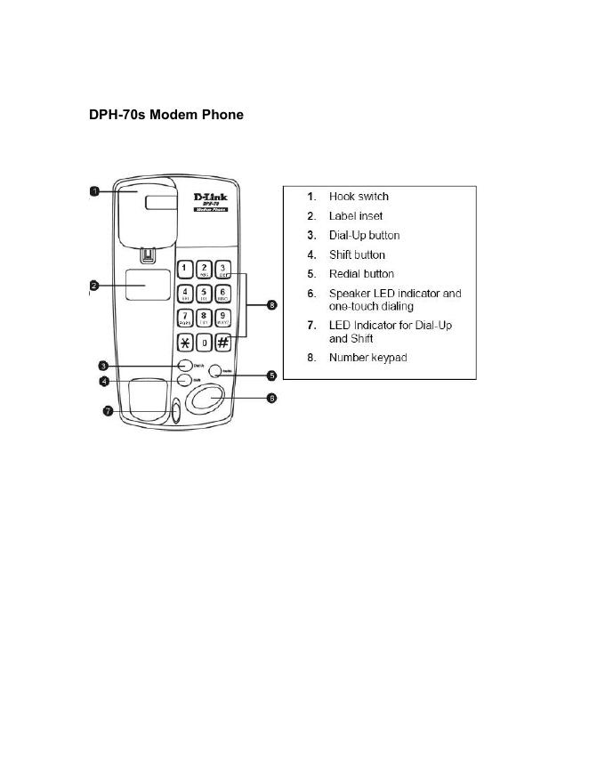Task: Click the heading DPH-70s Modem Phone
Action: tap(165, 115)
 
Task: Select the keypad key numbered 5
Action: tap(204, 294)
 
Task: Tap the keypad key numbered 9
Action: tap(223, 318)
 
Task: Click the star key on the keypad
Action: tap(185, 342)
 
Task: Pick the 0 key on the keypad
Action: tap(204, 342)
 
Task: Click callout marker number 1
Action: tap(93, 190)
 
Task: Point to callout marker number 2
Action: tap(93, 286)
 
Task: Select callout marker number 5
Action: tap(272, 375)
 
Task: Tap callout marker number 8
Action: tap(272, 305)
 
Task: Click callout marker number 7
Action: tap(107, 411)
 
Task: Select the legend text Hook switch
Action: tap(359, 197)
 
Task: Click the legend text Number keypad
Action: tap(368, 358)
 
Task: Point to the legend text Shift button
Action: tap(357, 254)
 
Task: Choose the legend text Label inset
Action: tap(356, 216)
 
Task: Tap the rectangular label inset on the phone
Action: tap(148, 286)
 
